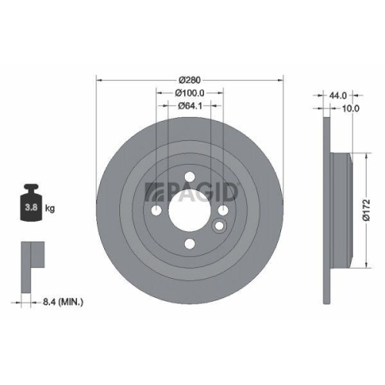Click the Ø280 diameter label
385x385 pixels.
pyautogui.click(x=189, y=80)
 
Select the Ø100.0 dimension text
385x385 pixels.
pyautogui.click(x=189, y=92)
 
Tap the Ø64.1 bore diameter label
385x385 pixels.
pyautogui.click(x=189, y=105)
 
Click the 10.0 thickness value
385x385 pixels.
pyautogui.click(x=351, y=108)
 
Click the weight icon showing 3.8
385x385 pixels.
pyautogui.click(x=31, y=203)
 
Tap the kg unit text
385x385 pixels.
pyautogui.click(x=49, y=209)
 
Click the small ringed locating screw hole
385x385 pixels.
pyautogui.click(x=219, y=226)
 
